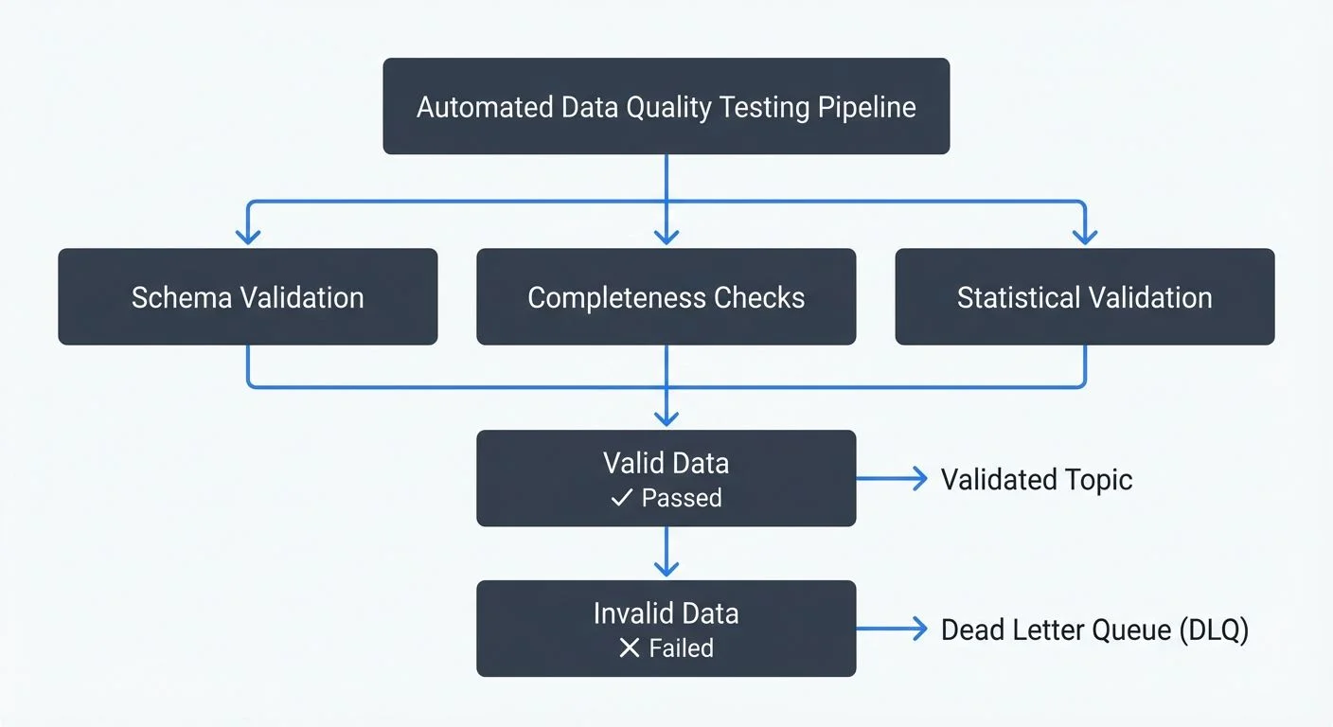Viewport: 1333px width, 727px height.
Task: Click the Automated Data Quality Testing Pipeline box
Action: pyautogui.click(x=666, y=106)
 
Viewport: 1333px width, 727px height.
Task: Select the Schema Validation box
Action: pyautogui.click(x=247, y=297)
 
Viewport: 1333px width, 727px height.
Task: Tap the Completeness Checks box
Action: pyautogui.click(x=666, y=297)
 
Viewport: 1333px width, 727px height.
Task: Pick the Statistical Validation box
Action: pyautogui.click(x=1084, y=297)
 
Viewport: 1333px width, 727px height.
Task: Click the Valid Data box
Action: pyautogui.click(x=666, y=478)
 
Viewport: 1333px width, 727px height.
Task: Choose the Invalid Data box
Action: pyautogui.click(x=666, y=629)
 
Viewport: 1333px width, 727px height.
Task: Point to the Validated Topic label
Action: pyautogui.click(x=1037, y=479)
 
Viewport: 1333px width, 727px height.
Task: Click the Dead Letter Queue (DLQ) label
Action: pyautogui.click(x=1094, y=629)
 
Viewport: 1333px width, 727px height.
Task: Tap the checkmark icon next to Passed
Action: pyautogui.click(x=621, y=498)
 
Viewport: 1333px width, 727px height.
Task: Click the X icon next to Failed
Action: pyautogui.click(x=629, y=648)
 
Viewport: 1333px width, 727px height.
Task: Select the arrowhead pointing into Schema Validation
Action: pyautogui.click(x=248, y=235)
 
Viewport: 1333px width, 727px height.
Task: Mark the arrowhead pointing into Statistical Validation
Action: pyautogui.click(x=1084, y=235)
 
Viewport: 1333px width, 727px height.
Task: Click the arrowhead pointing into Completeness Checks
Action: pyautogui.click(x=666, y=235)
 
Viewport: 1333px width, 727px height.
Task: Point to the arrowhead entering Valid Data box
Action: pyautogui.click(x=666, y=417)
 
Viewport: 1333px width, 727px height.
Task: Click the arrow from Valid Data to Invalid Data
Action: pyautogui.click(x=666, y=554)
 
